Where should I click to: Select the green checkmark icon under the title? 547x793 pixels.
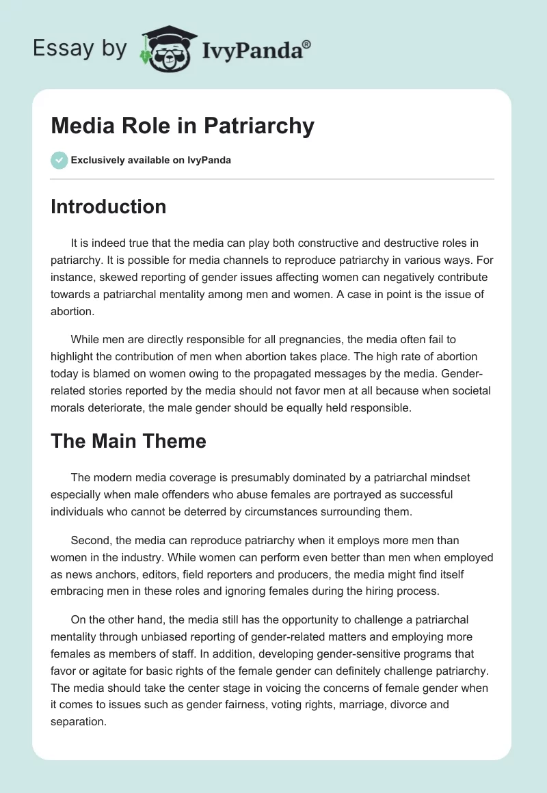59,160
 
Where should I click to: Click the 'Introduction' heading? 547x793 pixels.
108,206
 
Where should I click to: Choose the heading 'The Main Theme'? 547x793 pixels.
128,441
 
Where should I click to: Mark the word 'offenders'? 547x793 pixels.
213,494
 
